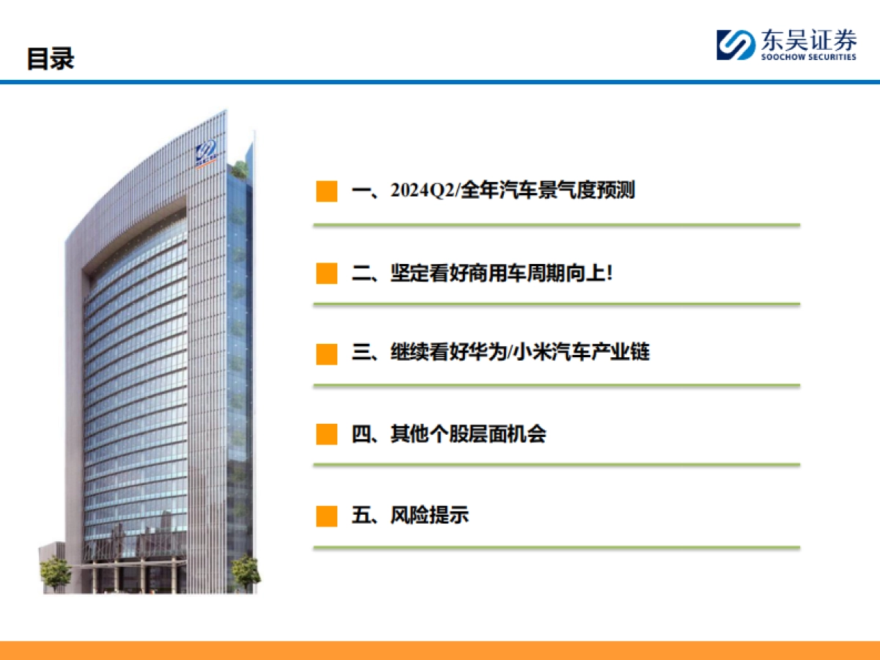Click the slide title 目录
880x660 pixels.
(51, 59)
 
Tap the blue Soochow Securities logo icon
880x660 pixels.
(736, 45)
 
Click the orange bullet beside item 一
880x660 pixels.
(326, 191)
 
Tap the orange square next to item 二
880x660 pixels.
(326, 274)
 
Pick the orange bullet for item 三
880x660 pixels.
(326, 353)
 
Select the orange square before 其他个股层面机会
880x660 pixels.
(326, 434)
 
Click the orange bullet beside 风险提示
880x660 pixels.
(326, 516)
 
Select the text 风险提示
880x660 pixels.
(430, 516)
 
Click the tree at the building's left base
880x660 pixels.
(54, 572)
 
